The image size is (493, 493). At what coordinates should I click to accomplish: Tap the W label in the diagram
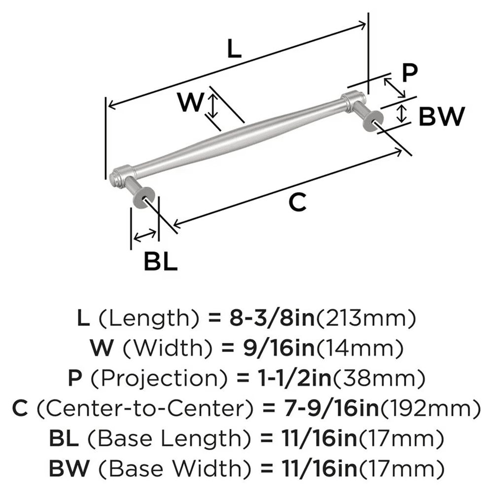(x=191, y=103)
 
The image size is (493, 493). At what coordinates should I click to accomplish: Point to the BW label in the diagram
(x=442, y=117)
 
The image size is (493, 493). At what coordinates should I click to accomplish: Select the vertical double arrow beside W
(x=212, y=106)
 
